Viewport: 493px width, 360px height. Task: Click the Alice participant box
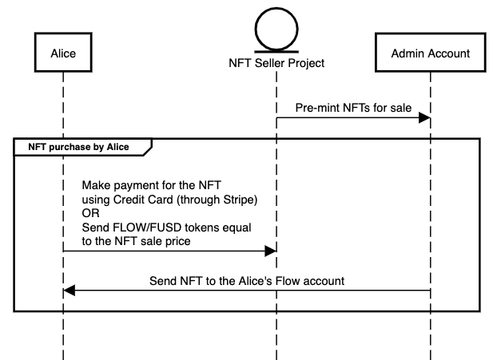click(62, 53)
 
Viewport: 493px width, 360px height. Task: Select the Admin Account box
click(430, 53)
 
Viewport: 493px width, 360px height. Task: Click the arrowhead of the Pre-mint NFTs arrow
click(425, 118)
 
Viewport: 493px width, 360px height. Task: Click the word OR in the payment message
click(92, 213)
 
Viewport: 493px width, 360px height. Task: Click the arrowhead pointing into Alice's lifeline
click(69, 291)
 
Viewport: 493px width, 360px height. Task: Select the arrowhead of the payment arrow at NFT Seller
click(270, 251)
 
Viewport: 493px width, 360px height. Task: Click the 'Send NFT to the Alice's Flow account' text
click(247, 281)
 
